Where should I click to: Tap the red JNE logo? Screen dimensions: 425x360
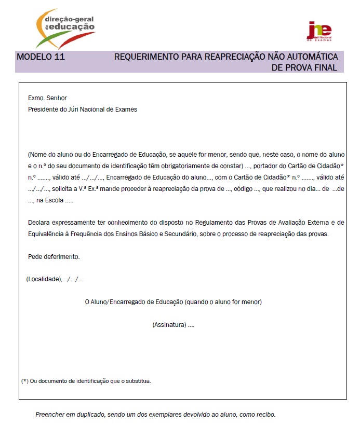319,32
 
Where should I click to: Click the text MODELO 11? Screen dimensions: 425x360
41,57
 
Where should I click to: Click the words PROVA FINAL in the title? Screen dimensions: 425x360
311,68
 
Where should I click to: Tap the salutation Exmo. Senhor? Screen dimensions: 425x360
48,98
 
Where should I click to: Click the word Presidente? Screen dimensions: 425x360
43,109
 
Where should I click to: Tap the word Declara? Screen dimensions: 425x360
40,223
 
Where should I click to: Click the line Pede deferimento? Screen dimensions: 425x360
54,257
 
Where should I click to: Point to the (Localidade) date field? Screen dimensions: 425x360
55,279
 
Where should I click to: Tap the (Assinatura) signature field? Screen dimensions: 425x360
173,325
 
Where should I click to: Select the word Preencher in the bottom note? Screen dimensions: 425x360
49,415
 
